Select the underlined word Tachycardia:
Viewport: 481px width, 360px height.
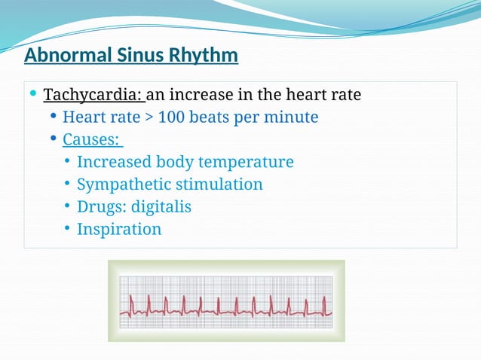pos(93,96)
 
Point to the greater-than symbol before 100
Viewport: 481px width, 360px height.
pos(146,118)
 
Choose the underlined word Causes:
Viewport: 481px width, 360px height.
pos(92,140)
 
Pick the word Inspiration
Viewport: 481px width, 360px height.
pos(119,229)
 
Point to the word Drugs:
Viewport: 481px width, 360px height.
pos(101,206)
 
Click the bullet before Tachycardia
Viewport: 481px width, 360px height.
pos(33,95)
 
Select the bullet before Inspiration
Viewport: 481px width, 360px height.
pos(67,228)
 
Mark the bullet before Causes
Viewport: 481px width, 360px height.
pos(53,139)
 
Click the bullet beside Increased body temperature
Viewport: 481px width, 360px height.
pos(67,161)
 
